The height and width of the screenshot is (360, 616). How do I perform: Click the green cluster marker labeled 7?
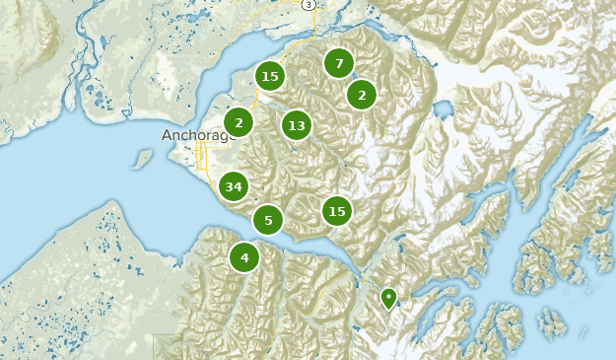coord(339,64)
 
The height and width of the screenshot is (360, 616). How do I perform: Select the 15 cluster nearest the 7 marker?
coord(270,76)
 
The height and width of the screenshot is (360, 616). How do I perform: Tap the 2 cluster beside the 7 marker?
coord(362,96)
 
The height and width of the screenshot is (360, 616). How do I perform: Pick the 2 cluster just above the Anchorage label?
coord(239,122)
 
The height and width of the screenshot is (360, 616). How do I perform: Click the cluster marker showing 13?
coord(297,125)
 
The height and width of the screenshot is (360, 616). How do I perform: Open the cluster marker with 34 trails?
coord(234,186)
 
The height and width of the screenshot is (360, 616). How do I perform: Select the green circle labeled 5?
coord(268,220)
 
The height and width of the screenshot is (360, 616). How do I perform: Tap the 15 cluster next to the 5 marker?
coord(337,211)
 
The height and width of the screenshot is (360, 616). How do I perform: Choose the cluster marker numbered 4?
coord(244,258)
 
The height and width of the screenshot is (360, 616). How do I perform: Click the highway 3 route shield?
coord(308,5)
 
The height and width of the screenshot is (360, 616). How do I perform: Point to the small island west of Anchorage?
coord(143,159)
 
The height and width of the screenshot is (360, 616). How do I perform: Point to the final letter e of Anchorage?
coord(234,135)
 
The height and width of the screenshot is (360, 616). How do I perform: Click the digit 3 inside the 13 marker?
coord(301,125)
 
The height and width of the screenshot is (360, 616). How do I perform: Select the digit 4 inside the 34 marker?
coord(239,186)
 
